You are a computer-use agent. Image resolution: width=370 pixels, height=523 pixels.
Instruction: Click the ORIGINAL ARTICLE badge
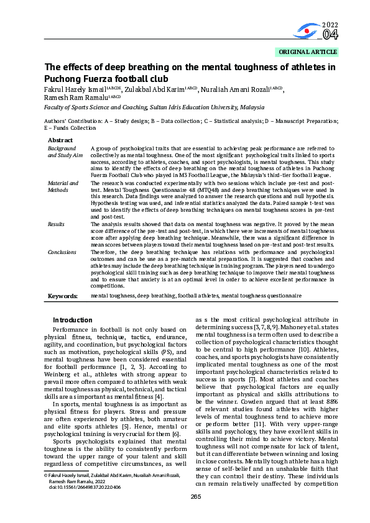pyautogui.click(x=308, y=52)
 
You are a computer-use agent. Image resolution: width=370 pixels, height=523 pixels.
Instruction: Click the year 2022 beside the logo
pyautogui.click(x=330, y=25)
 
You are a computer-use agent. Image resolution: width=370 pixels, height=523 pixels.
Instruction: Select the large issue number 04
pyautogui.click(x=330, y=35)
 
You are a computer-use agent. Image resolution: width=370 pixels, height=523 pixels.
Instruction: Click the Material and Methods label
pyautogui.click(x=63, y=187)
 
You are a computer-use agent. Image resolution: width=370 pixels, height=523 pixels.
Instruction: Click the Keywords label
pyautogui.click(x=63, y=296)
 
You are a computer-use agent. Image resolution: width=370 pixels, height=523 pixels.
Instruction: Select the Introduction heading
pyautogui.click(x=72, y=319)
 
